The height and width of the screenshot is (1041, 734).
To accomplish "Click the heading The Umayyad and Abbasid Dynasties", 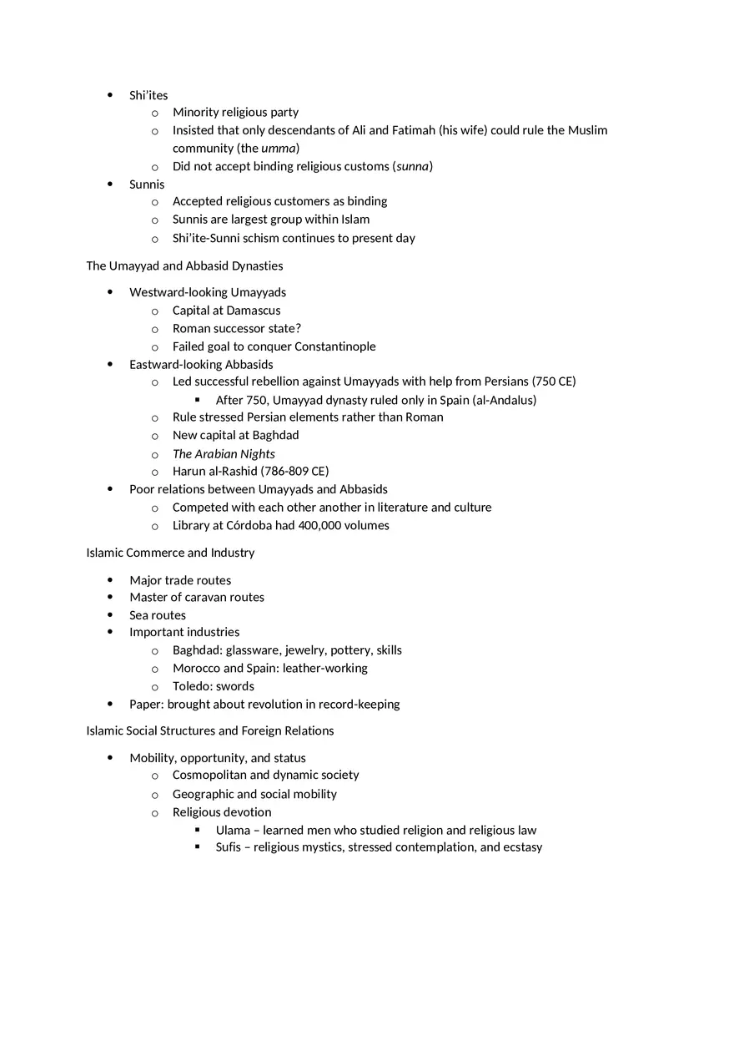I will (184, 265).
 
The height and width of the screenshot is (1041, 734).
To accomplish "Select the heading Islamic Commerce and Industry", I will (170, 553).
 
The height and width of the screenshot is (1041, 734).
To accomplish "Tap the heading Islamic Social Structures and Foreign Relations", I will (209, 730).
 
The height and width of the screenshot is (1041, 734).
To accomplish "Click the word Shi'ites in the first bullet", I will (148, 95).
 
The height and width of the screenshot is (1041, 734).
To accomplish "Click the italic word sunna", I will (412, 166).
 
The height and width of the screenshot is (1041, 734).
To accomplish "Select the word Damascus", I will (254, 311).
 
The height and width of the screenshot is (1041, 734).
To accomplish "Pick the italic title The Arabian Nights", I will (224, 454).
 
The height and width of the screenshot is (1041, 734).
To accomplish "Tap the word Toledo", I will (191, 686).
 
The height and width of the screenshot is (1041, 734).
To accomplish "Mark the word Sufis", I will (229, 847).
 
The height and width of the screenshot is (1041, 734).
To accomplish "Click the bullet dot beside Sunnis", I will (111, 184).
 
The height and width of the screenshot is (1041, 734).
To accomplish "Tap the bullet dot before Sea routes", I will (111, 615).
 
